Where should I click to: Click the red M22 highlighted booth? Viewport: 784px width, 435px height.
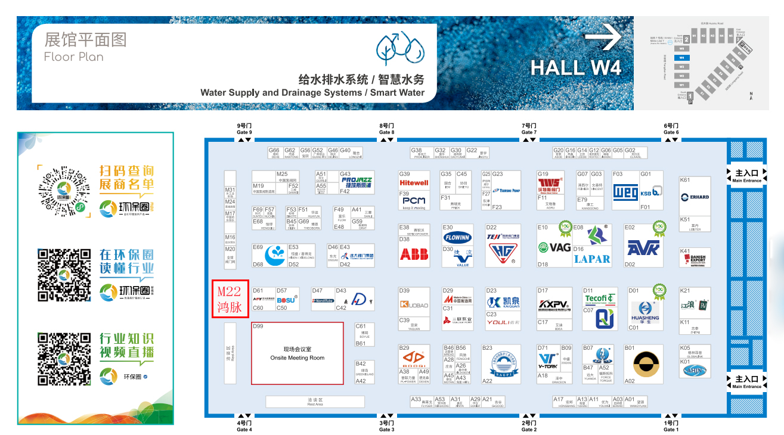pos(230,299)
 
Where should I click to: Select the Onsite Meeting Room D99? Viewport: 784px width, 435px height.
pos(297,353)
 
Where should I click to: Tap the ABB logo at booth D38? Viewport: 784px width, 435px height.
pos(414,254)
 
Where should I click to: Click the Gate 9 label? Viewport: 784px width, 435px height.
pos(244,129)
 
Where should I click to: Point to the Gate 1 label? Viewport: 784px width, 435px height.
pos(670,426)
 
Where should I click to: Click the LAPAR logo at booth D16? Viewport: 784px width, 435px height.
pos(591,259)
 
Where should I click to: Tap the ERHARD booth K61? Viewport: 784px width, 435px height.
pos(695,197)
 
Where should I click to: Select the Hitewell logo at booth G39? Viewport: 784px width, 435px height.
pos(414,183)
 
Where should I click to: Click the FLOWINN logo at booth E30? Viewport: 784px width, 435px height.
pos(457,237)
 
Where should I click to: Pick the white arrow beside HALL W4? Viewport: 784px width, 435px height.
pos(603,40)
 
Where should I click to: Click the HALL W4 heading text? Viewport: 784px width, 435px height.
pos(575,67)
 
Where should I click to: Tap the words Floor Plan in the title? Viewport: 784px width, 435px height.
pos(74,57)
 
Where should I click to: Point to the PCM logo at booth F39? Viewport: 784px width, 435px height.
pos(414,201)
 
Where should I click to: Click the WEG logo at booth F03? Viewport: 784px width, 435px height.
pos(625,192)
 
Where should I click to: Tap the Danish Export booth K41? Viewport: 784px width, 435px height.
pos(695,259)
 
